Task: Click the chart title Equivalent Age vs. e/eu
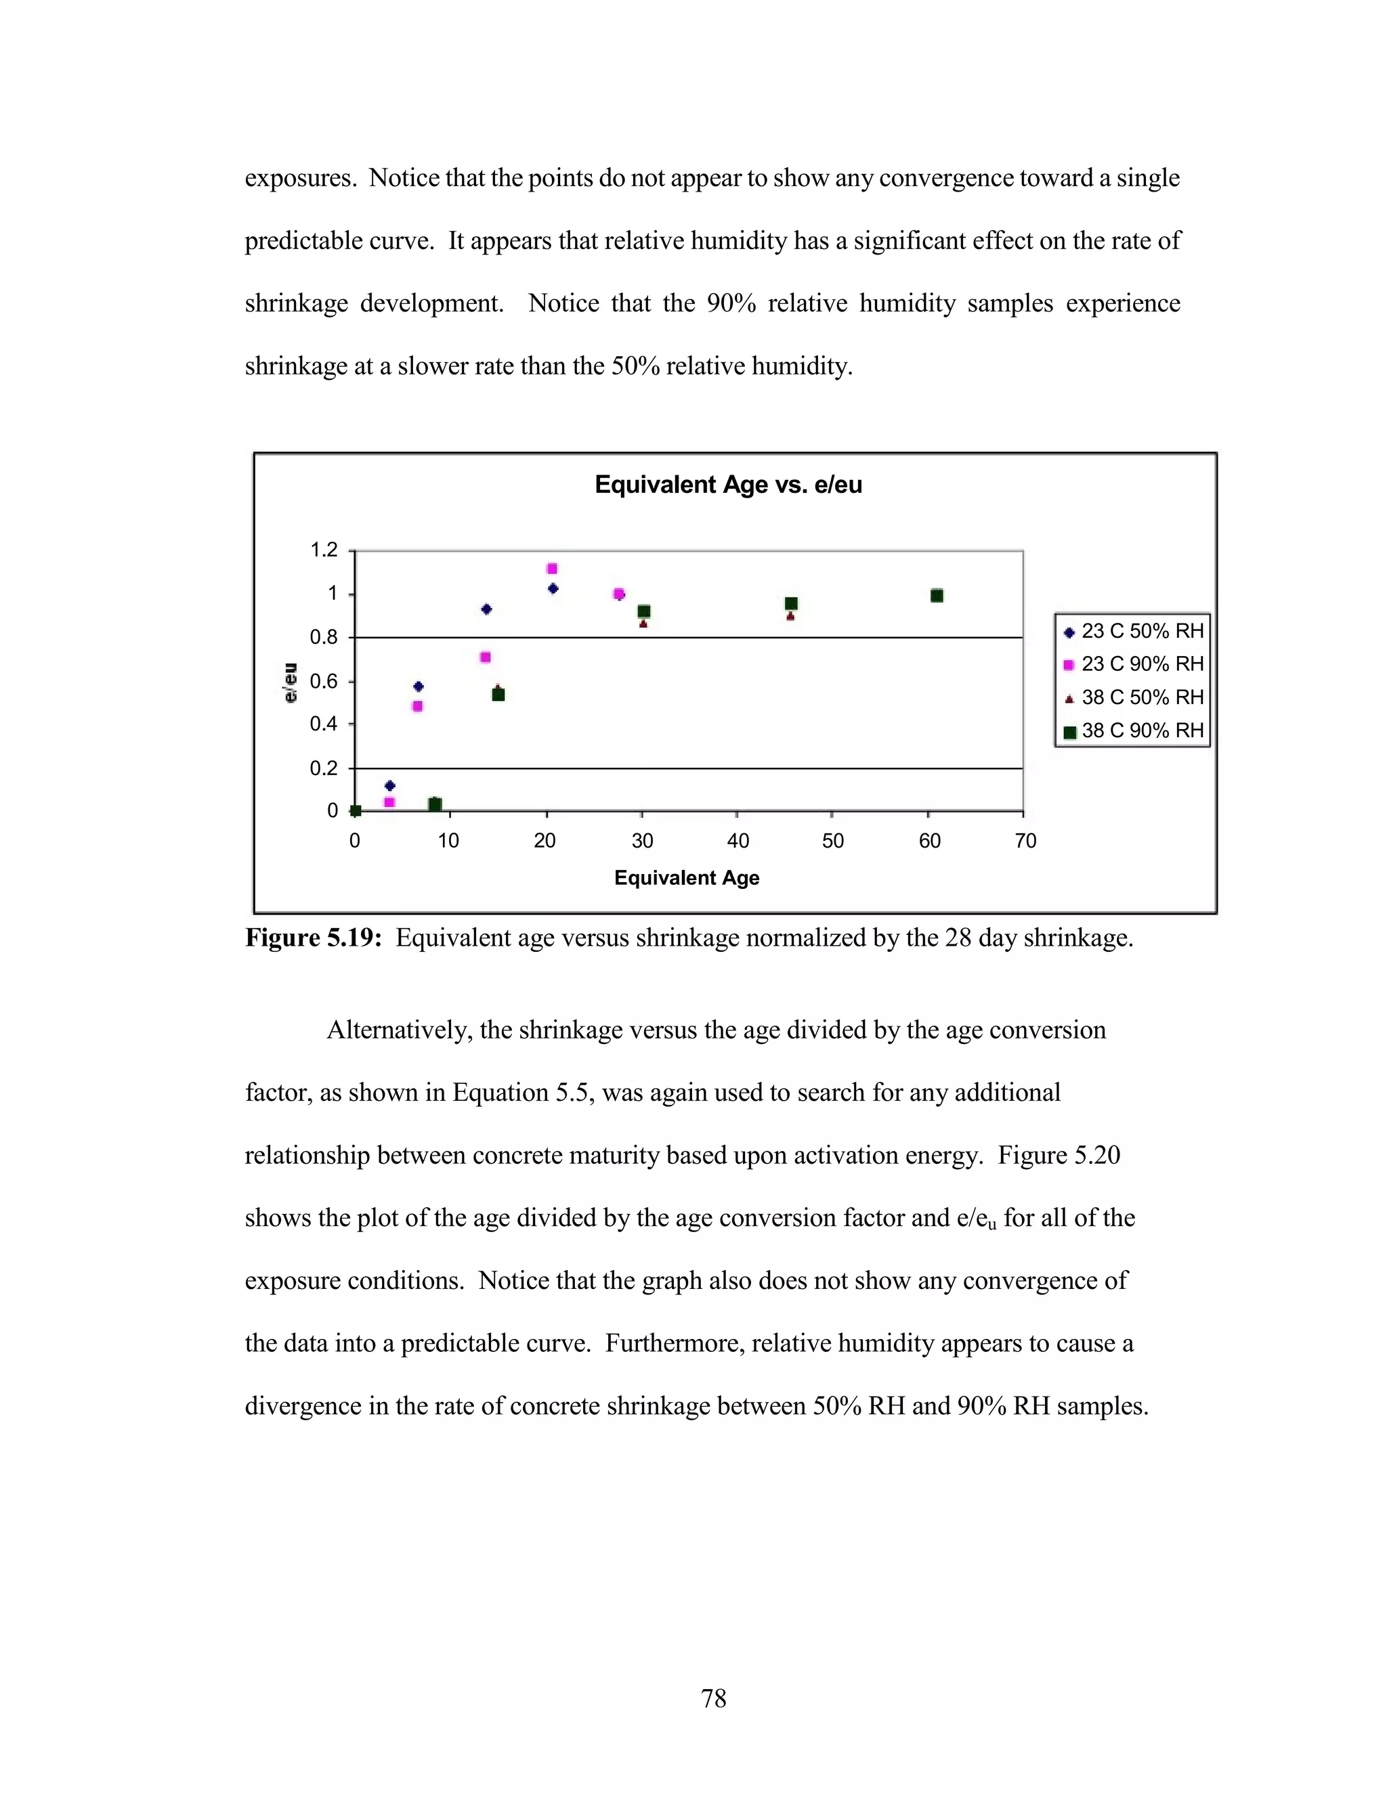[x=728, y=485]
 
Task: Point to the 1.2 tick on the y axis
[x=324, y=550]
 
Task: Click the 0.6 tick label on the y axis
[x=324, y=681]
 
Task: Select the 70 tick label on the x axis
[x=1025, y=840]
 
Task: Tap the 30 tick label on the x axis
[x=642, y=840]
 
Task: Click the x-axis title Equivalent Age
[x=686, y=878]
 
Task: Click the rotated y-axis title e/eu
[x=290, y=682]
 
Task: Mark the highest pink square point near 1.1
[x=552, y=569]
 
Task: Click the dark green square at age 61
[x=937, y=596]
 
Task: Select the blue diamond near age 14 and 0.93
[x=486, y=609]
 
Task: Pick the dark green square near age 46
[x=791, y=604]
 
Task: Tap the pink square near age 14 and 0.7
[x=486, y=657]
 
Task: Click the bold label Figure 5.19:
[x=313, y=938]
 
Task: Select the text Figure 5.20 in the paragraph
[x=1059, y=1155]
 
